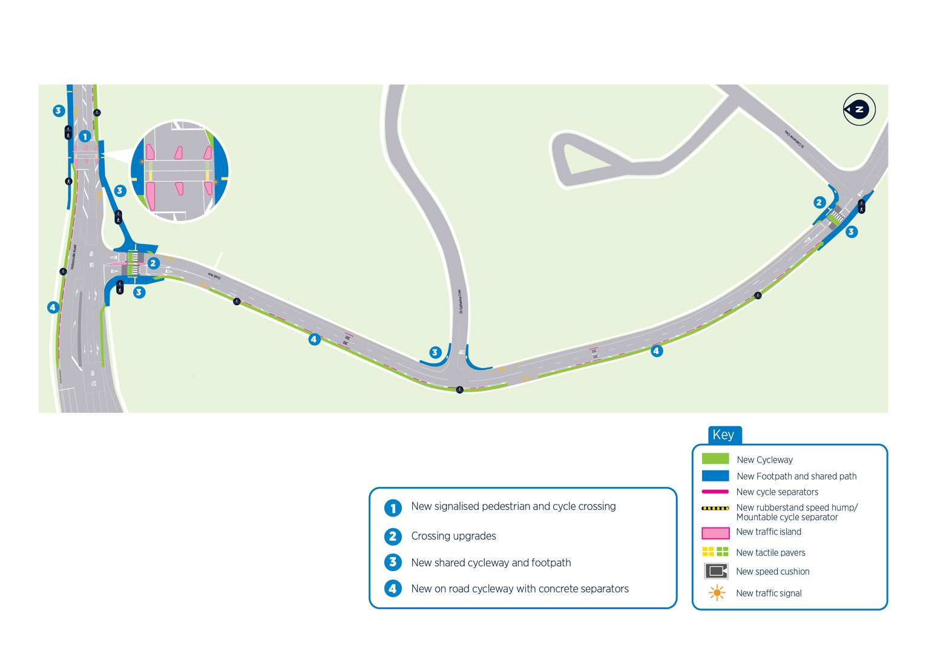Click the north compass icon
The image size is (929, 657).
[859, 110]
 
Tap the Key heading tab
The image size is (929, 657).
[724, 435]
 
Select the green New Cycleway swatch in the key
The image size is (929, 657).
[715, 459]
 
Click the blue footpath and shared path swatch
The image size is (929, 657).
[715, 476]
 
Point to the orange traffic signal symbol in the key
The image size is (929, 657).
[717, 593]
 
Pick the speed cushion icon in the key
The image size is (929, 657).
[716, 571]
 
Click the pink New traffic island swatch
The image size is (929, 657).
[715, 533]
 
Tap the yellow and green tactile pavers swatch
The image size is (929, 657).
[715, 552]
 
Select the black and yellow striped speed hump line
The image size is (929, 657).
[715, 508]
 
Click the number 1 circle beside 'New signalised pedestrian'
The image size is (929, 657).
[393, 507]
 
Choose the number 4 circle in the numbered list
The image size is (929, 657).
[393, 589]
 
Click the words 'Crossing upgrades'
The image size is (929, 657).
[453, 536]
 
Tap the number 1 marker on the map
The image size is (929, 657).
[85, 136]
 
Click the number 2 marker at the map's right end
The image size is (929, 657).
[819, 203]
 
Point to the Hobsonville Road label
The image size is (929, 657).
[74, 257]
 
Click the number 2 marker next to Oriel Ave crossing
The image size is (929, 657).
[153, 263]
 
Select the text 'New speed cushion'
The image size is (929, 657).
[772, 572]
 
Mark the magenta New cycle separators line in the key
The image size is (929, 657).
[715, 492]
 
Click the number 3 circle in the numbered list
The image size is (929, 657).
[393, 563]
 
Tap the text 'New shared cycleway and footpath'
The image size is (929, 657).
[491, 563]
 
